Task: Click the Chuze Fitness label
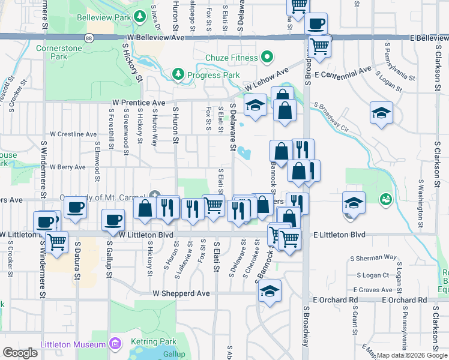[x=231, y=58]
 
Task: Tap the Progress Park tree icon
[x=178, y=74]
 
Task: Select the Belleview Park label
[x=104, y=16]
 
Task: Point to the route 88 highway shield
[x=89, y=37]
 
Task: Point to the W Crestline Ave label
[x=73, y=134]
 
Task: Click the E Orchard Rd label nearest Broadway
[x=334, y=299]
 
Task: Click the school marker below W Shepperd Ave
[x=270, y=292]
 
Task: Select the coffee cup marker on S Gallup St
[x=113, y=220]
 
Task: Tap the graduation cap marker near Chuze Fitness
[x=255, y=106]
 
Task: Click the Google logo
[x=20, y=352]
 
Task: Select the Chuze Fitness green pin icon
[x=267, y=58]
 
